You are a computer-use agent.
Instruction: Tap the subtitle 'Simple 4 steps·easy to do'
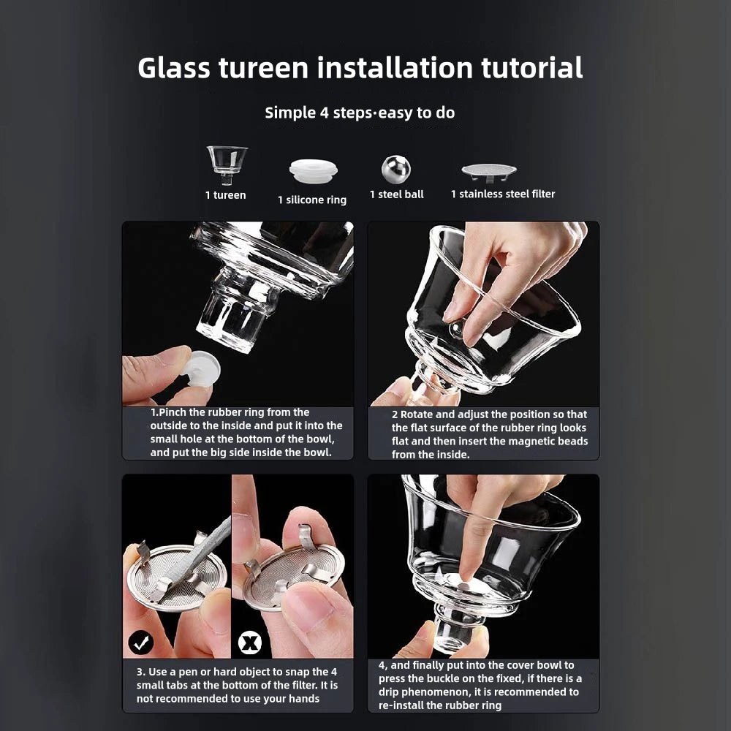[360, 113]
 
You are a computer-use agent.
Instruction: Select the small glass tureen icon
[227, 163]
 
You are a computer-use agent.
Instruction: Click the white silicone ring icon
[313, 171]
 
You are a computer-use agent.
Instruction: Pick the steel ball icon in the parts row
[395, 169]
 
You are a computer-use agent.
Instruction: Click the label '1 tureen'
[225, 195]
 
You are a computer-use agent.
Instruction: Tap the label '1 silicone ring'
[312, 200]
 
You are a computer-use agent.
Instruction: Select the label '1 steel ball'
[396, 194]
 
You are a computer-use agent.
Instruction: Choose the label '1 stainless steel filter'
[503, 194]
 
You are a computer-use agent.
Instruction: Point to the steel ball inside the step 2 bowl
[454, 330]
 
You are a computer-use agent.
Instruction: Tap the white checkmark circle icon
[140, 643]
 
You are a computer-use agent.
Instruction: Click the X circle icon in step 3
[250, 643]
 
